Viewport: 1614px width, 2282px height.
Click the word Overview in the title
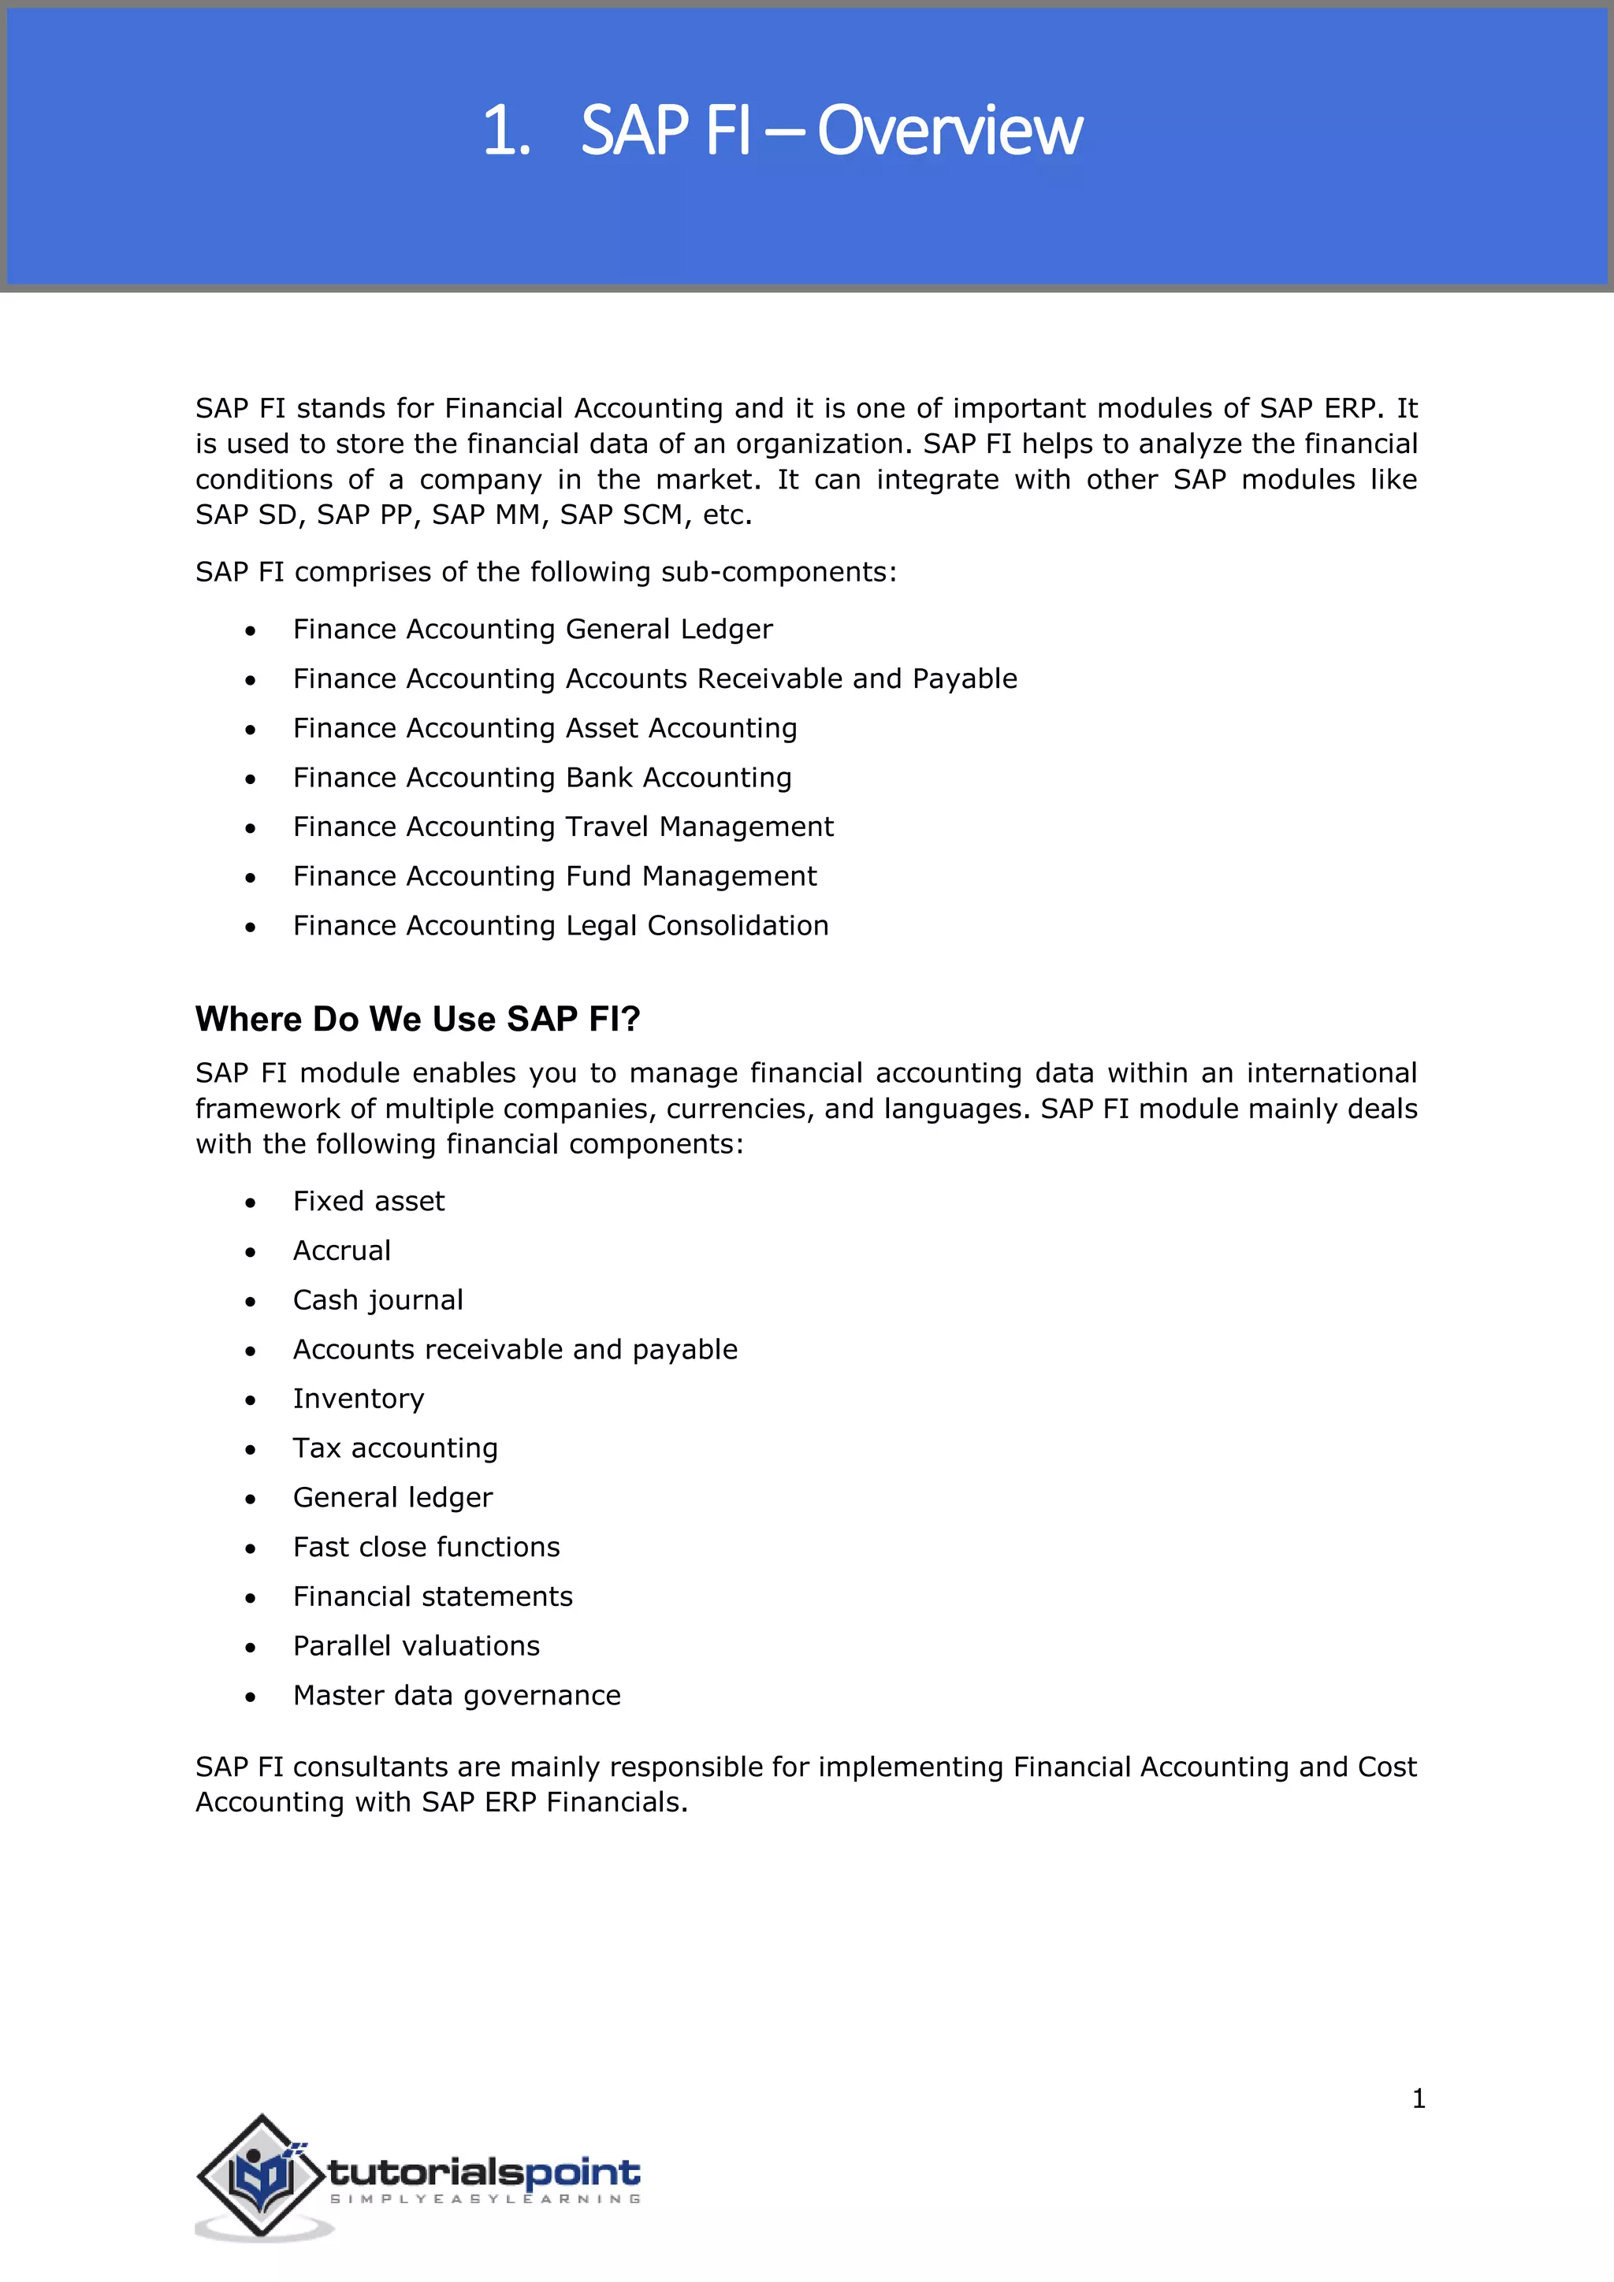click(x=949, y=130)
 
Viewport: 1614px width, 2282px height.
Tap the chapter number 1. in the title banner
click(x=506, y=130)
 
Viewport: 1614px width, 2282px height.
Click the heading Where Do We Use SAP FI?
click(x=418, y=1019)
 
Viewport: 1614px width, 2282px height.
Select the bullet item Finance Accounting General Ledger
click(x=532, y=629)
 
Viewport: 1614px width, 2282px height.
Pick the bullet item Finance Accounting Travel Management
click(x=563, y=827)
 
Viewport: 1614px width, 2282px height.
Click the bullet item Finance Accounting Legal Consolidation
click(x=560, y=925)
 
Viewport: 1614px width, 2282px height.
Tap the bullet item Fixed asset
click(x=368, y=1202)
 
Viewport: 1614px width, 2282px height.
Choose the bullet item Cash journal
click(x=377, y=1300)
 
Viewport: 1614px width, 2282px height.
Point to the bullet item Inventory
click(x=358, y=1399)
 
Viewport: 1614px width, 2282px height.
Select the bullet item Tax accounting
click(x=395, y=1448)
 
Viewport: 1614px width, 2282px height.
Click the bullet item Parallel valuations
click(x=415, y=1646)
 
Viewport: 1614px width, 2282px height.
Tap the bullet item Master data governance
click(x=456, y=1696)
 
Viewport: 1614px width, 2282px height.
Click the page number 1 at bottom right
click(x=1419, y=2098)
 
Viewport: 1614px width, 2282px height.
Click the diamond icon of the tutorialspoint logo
click(x=262, y=2176)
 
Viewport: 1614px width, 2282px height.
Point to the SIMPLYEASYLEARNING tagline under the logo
click(x=484, y=2199)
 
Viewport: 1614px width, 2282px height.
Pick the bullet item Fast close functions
click(x=426, y=1548)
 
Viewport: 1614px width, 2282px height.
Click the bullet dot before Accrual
click(x=251, y=1252)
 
